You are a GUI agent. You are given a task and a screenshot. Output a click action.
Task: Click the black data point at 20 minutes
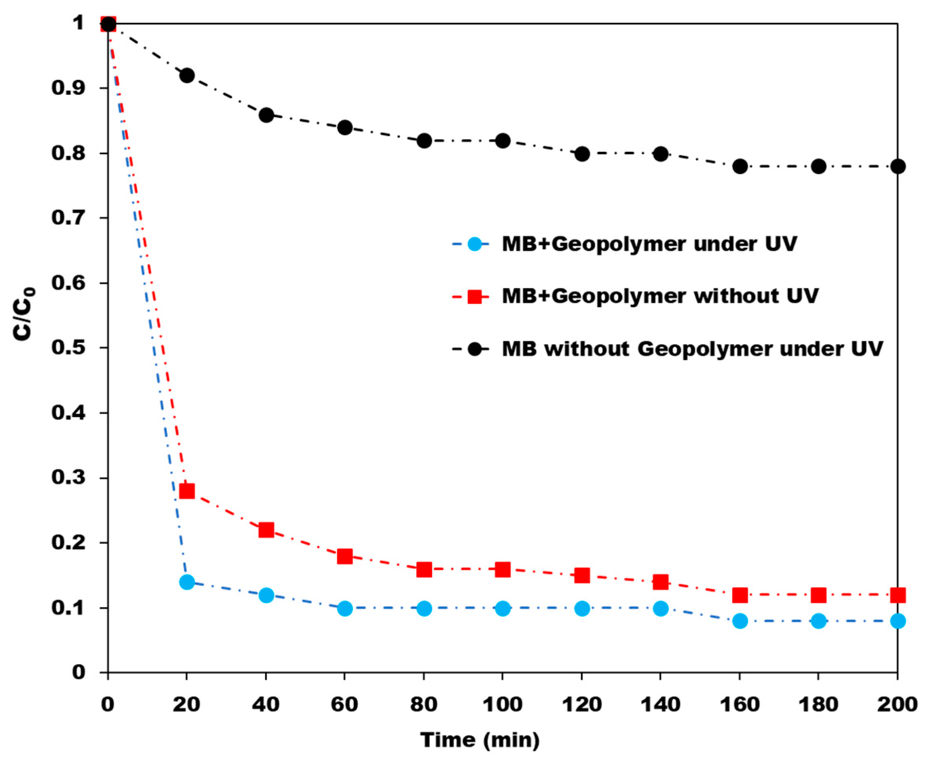pyautogui.click(x=187, y=75)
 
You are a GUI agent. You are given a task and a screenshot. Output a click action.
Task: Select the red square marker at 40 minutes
pyautogui.click(x=266, y=530)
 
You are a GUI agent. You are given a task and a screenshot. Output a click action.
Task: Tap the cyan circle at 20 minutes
pyautogui.click(x=187, y=582)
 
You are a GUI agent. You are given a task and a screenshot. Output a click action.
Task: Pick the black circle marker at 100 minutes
pyautogui.click(x=503, y=141)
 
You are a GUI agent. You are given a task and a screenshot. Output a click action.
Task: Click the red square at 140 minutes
pyautogui.click(x=660, y=582)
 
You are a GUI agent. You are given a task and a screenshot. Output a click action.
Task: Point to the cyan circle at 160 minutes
pyautogui.click(x=740, y=620)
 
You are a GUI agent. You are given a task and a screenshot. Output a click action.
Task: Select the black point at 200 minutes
pyautogui.click(x=897, y=166)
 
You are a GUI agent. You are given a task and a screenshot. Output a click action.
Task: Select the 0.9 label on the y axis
pyautogui.click(x=67, y=87)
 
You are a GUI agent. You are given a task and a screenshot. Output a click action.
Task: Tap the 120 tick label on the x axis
pyautogui.click(x=581, y=704)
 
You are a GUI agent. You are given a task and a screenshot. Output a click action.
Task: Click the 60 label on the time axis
pyautogui.click(x=344, y=704)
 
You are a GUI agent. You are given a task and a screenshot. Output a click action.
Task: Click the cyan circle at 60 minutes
pyautogui.click(x=345, y=608)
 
